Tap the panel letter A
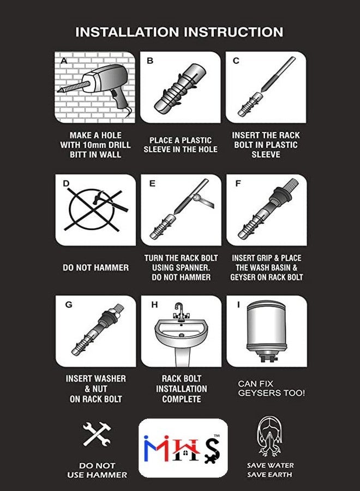64,61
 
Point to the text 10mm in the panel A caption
94,145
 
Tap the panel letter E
152,183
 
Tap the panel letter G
69,304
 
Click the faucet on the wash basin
181,313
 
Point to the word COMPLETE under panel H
182,399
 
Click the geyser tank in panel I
267,329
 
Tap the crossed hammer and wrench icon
97,434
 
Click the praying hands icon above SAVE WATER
270,436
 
